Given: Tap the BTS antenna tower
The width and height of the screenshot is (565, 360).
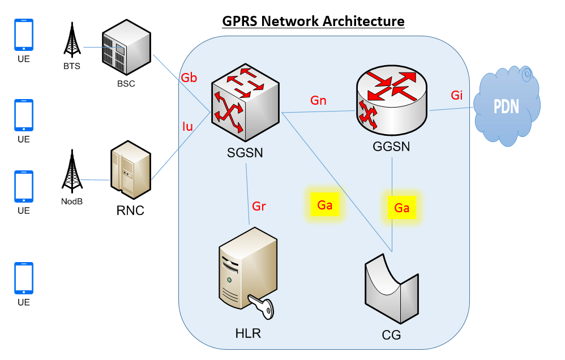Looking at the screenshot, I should point(71,42).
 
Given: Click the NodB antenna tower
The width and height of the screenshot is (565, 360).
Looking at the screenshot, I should point(71,172).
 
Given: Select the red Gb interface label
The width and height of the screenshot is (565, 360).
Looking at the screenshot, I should point(189,78).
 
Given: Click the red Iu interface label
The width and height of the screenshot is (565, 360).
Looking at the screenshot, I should point(187,127).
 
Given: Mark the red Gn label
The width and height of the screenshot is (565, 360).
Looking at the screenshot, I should point(318,101).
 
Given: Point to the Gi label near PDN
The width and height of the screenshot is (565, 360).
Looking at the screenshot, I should point(457,95).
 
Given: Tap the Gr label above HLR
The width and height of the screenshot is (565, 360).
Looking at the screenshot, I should point(259,206).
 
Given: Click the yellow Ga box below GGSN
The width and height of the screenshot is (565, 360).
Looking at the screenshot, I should point(402,208).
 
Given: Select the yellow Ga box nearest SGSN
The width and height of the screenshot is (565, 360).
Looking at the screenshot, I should point(325,205).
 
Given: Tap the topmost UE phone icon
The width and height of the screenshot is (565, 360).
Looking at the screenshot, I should point(24,35).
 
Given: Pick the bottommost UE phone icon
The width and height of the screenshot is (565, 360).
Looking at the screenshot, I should point(24,278).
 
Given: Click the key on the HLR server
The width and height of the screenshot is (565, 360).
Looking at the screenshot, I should point(263,309).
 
